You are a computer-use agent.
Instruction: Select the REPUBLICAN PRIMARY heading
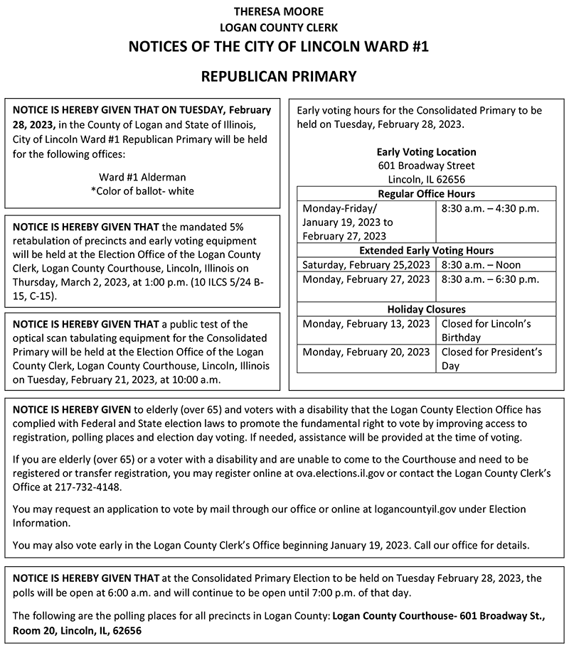click(278, 76)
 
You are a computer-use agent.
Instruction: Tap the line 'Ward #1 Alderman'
click(142, 177)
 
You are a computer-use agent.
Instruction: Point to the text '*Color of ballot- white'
click(142, 191)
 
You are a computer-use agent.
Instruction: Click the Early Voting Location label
click(426, 152)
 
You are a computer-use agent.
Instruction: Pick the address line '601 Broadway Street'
click(426, 166)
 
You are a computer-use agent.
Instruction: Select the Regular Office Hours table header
click(426, 194)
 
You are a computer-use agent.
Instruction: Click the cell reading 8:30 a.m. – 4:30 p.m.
click(490, 208)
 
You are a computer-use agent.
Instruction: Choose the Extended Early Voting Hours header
click(426, 251)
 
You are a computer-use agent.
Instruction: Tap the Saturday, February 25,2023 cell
click(366, 265)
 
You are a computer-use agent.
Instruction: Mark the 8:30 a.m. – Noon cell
click(481, 265)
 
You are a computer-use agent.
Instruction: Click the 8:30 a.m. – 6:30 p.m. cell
click(490, 279)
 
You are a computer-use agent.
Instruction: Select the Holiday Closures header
click(426, 310)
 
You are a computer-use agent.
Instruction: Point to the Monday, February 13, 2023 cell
click(366, 324)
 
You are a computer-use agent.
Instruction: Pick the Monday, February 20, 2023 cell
click(366, 352)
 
